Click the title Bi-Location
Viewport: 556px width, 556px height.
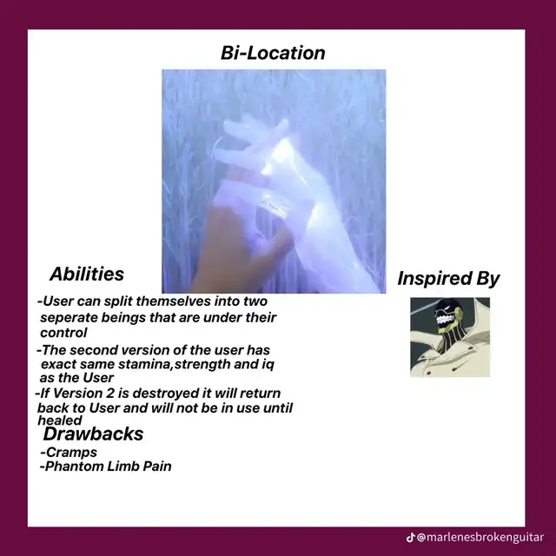tap(273, 53)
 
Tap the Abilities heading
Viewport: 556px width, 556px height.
tap(87, 274)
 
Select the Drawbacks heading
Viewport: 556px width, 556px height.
tap(93, 434)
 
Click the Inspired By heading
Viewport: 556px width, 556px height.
tap(448, 278)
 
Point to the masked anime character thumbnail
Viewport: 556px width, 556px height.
tap(450, 337)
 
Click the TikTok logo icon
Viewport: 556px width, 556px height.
tap(411, 537)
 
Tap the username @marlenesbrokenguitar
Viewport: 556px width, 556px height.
tap(480, 537)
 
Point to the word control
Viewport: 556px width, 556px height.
tap(63, 333)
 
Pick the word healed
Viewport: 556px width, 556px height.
tap(60, 420)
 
